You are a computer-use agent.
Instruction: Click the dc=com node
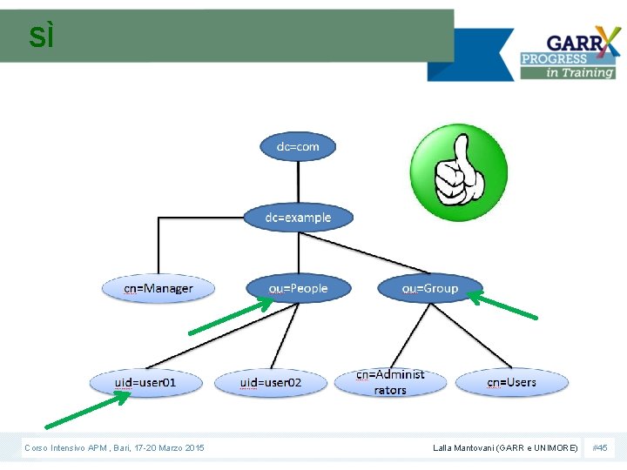(298, 146)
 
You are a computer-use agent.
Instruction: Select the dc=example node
(298, 217)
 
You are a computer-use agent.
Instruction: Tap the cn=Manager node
(158, 288)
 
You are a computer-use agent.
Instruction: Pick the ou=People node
(298, 288)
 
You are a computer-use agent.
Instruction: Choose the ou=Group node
(429, 288)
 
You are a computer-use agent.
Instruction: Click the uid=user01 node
(145, 382)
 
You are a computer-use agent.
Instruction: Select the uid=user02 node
(271, 383)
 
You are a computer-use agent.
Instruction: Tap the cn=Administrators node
(390, 382)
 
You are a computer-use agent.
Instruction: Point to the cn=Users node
(511, 382)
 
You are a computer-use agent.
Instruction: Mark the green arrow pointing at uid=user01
(87, 410)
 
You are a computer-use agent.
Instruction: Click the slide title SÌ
(41, 37)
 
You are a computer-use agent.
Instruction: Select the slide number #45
(599, 447)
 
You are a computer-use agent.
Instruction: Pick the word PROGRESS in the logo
(554, 59)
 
